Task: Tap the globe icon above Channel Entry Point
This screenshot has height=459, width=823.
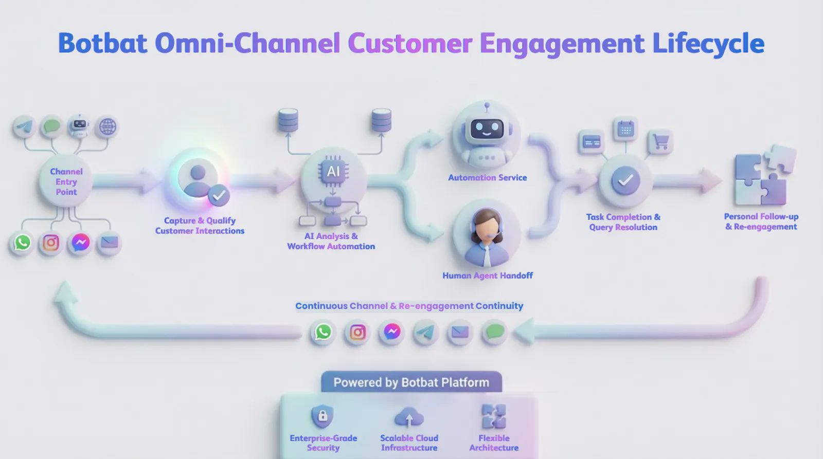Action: pos(108,127)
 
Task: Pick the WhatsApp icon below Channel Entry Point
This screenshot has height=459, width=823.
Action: pos(23,243)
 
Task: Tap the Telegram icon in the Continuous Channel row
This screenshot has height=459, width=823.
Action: pos(426,333)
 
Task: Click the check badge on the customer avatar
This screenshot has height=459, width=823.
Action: pos(219,195)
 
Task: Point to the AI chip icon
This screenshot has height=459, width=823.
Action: pos(333,172)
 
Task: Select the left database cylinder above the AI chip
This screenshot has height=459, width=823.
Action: pos(288,120)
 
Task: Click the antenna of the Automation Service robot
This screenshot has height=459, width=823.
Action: pos(487,107)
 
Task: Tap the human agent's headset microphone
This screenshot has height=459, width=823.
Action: pos(496,233)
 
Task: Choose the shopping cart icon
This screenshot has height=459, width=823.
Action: pos(660,142)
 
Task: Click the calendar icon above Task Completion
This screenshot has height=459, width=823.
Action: pos(625,130)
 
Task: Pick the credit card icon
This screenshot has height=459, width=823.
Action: pos(592,142)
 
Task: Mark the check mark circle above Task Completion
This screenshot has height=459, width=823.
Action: pos(625,180)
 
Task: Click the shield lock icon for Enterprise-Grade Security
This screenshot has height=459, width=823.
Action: pos(322,416)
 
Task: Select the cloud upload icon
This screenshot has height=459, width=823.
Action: pos(409,417)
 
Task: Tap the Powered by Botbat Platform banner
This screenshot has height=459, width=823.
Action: pos(411,382)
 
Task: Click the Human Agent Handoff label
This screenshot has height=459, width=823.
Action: pos(488,276)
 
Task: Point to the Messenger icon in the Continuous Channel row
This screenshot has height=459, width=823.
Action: pos(392,332)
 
